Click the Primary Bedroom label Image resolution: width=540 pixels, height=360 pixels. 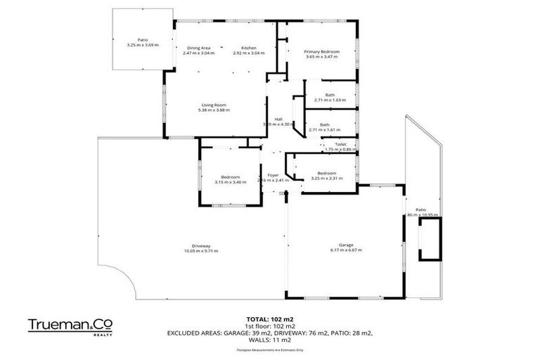(x=321, y=51)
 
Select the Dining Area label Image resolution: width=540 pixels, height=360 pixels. (x=199, y=47)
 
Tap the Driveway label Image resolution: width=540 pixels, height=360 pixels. (x=198, y=245)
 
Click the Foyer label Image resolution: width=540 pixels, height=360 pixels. (x=273, y=174)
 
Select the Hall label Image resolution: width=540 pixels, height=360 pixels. (x=278, y=119)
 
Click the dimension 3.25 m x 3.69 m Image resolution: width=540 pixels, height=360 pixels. (x=143, y=45)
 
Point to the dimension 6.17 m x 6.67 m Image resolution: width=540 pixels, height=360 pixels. (x=345, y=250)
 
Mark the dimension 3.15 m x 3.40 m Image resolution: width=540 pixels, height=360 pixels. (x=230, y=182)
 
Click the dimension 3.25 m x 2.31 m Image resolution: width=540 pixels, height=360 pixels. (x=326, y=179)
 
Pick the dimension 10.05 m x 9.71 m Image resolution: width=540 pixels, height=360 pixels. (x=198, y=251)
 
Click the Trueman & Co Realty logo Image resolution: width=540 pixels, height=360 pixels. (x=69, y=326)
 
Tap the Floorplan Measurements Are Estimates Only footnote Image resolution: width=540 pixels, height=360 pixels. (x=270, y=348)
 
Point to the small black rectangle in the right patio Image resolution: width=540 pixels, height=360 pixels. (x=429, y=239)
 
